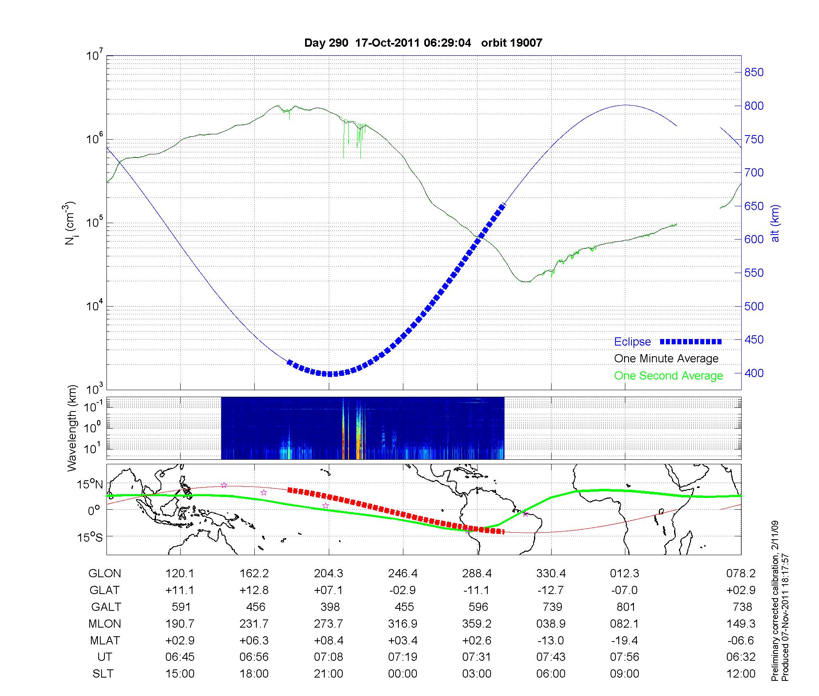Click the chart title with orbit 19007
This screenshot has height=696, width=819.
click(x=423, y=43)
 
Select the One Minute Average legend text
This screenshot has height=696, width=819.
click(x=666, y=359)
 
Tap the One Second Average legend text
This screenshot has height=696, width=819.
click(x=668, y=376)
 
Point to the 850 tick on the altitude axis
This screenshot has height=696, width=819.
click(x=754, y=72)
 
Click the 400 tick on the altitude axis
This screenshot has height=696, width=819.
click(x=754, y=373)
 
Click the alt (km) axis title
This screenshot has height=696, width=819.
click(x=776, y=223)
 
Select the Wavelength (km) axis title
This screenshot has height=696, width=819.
click(x=72, y=428)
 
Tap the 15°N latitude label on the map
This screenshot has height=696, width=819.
click(x=90, y=485)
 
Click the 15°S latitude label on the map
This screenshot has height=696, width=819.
click(x=90, y=537)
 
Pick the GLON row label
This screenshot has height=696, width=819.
click(x=104, y=574)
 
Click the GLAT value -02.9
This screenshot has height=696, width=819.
click(x=403, y=590)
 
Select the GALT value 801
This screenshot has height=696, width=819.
click(x=625, y=607)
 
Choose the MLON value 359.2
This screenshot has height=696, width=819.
click(x=477, y=624)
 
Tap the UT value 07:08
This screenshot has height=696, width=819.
click(x=328, y=657)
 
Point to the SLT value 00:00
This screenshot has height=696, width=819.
click(x=403, y=674)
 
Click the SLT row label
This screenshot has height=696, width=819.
click(x=103, y=674)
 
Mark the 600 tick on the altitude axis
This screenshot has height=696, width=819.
click(x=754, y=240)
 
